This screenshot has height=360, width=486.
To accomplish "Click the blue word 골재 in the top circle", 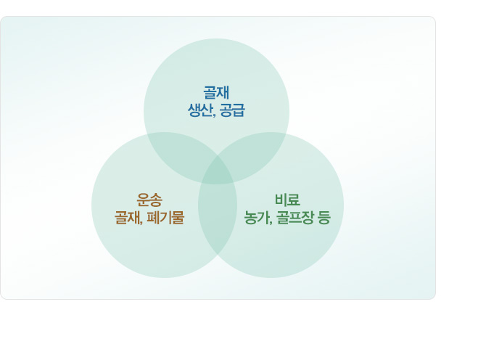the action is [x=216, y=92].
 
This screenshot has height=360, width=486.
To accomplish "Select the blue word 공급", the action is [x=232, y=110].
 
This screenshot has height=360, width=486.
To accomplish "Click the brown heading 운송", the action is [x=149, y=200].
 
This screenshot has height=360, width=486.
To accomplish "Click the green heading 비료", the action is [x=287, y=200].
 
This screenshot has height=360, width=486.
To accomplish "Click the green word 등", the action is [x=324, y=217].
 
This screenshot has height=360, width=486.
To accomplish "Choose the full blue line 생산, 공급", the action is [x=216, y=110].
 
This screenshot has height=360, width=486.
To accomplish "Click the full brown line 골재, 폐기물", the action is [x=149, y=217].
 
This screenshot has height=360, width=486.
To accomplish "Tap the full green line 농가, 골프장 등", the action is [x=287, y=217].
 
